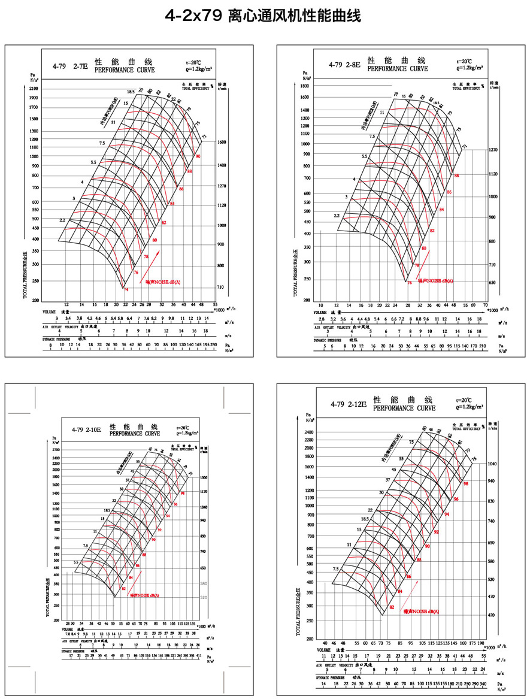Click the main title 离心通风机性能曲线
[x=294, y=16]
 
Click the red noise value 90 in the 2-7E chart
[x=198, y=156]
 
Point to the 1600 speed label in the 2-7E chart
[x=222, y=143]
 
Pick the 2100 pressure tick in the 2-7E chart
[x=33, y=88]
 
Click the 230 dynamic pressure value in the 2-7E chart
[x=213, y=346]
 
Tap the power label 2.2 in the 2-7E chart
[x=62, y=220]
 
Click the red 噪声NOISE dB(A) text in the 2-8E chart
[x=435, y=280]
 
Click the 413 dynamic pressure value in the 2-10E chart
[x=198, y=656]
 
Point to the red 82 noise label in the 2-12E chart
[x=392, y=607]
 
